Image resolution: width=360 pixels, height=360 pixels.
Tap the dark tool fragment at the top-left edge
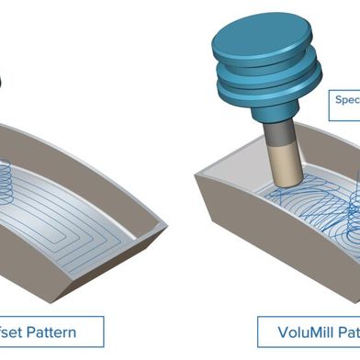tap(3, 81)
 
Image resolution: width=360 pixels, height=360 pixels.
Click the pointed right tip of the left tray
tap(164, 223)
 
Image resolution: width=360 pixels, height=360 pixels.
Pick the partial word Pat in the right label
tap(347, 331)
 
